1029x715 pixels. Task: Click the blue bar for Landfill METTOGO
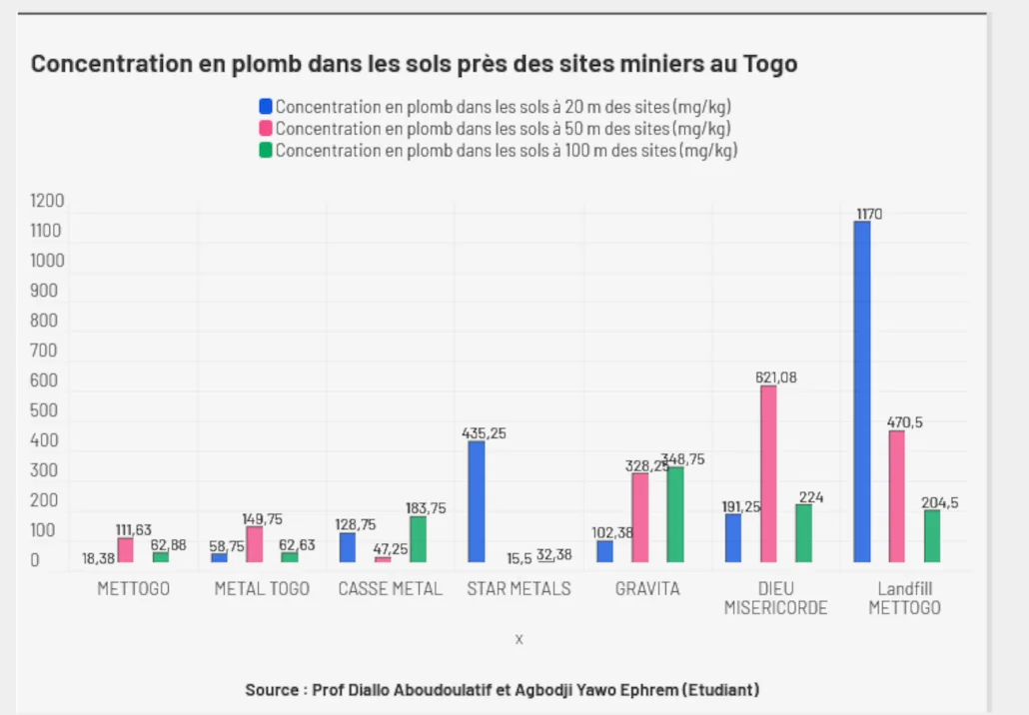pyautogui.click(x=862, y=391)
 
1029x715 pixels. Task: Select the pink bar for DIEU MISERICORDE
pyautogui.click(x=768, y=473)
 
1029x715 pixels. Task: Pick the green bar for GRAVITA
pyautogui.click(x=676, y=514)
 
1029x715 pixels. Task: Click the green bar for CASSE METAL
pyautogui.click(x=418, y=539)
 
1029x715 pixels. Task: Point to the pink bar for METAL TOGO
pyautogui.click(x=255, y=544)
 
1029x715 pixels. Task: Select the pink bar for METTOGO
pyautogui.click(x=125, y=550)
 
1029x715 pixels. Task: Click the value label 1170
pyautogui.click(x=869, y=214)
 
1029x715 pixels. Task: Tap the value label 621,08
pyautogui.click(x=776, y=377)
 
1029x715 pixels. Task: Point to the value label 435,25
pyautogui.click(x=484, y=433)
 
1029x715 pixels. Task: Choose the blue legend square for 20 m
pyautogui.click(x=266, y=106)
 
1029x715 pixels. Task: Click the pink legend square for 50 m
pyautogui.click(x=266, y=128)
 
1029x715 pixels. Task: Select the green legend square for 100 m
pyautogui.click(x=266, y=150)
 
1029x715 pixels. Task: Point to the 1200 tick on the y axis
pyautogui.click(x=46, y=202)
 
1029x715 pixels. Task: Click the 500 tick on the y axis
pyautogui.click(x=43, y=410)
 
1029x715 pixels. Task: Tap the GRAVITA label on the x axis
pyautogui.click(x=647, y=589)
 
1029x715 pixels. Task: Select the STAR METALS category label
pyautogui.click(x=518, y=589)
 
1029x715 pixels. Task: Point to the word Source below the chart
pyautogui.click(x=272, y=690)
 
